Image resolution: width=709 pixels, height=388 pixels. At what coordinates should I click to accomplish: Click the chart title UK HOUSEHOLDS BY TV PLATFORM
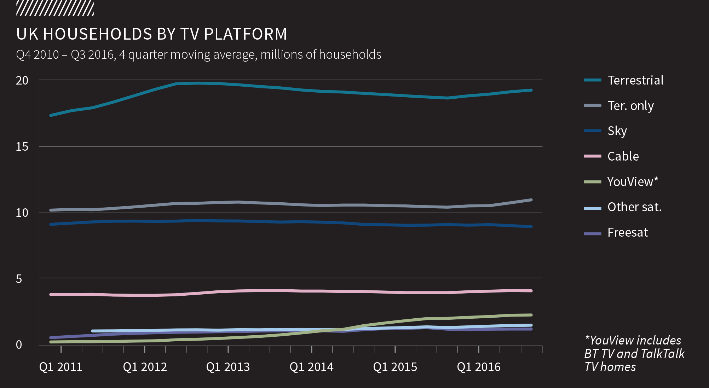151,34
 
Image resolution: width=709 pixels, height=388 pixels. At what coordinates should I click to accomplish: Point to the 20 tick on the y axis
22,81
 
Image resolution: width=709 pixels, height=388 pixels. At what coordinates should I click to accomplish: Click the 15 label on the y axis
22,147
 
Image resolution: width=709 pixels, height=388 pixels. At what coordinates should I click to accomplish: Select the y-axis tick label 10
22,213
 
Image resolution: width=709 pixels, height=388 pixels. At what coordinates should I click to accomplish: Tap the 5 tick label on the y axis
19,279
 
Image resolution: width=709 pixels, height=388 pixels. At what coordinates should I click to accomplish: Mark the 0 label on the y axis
19,345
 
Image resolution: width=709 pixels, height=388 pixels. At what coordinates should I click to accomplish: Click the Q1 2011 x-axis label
61,367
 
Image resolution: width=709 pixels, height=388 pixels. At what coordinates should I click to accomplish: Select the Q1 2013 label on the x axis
228,367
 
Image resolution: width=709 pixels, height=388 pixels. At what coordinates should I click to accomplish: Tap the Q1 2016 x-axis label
479,367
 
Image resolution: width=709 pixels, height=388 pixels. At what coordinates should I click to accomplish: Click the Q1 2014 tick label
311,367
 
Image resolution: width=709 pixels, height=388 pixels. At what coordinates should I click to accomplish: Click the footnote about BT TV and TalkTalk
634,353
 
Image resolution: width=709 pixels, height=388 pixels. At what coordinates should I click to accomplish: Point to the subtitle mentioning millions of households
198,55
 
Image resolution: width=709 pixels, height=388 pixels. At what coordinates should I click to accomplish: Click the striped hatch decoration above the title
55,8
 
